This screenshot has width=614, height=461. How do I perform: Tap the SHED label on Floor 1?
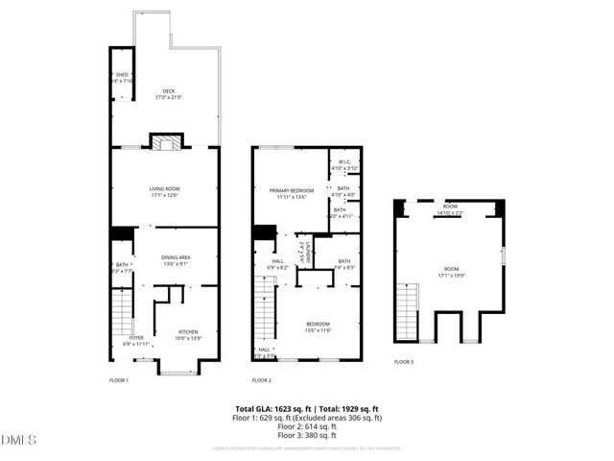[x=122, y=75]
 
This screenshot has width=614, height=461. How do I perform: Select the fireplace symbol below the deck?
[x=165, y=143]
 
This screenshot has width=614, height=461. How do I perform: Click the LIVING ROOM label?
[x=165, y=191]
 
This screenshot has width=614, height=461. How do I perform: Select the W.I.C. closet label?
[x=344, y=164]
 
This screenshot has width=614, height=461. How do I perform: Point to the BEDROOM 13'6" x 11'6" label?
[x=318, y=327]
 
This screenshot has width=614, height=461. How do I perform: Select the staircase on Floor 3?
[x=408, y=310]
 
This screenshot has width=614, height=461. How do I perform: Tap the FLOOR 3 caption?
[x=404, y=362]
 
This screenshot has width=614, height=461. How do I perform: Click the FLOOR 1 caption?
[x=117, y=380]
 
